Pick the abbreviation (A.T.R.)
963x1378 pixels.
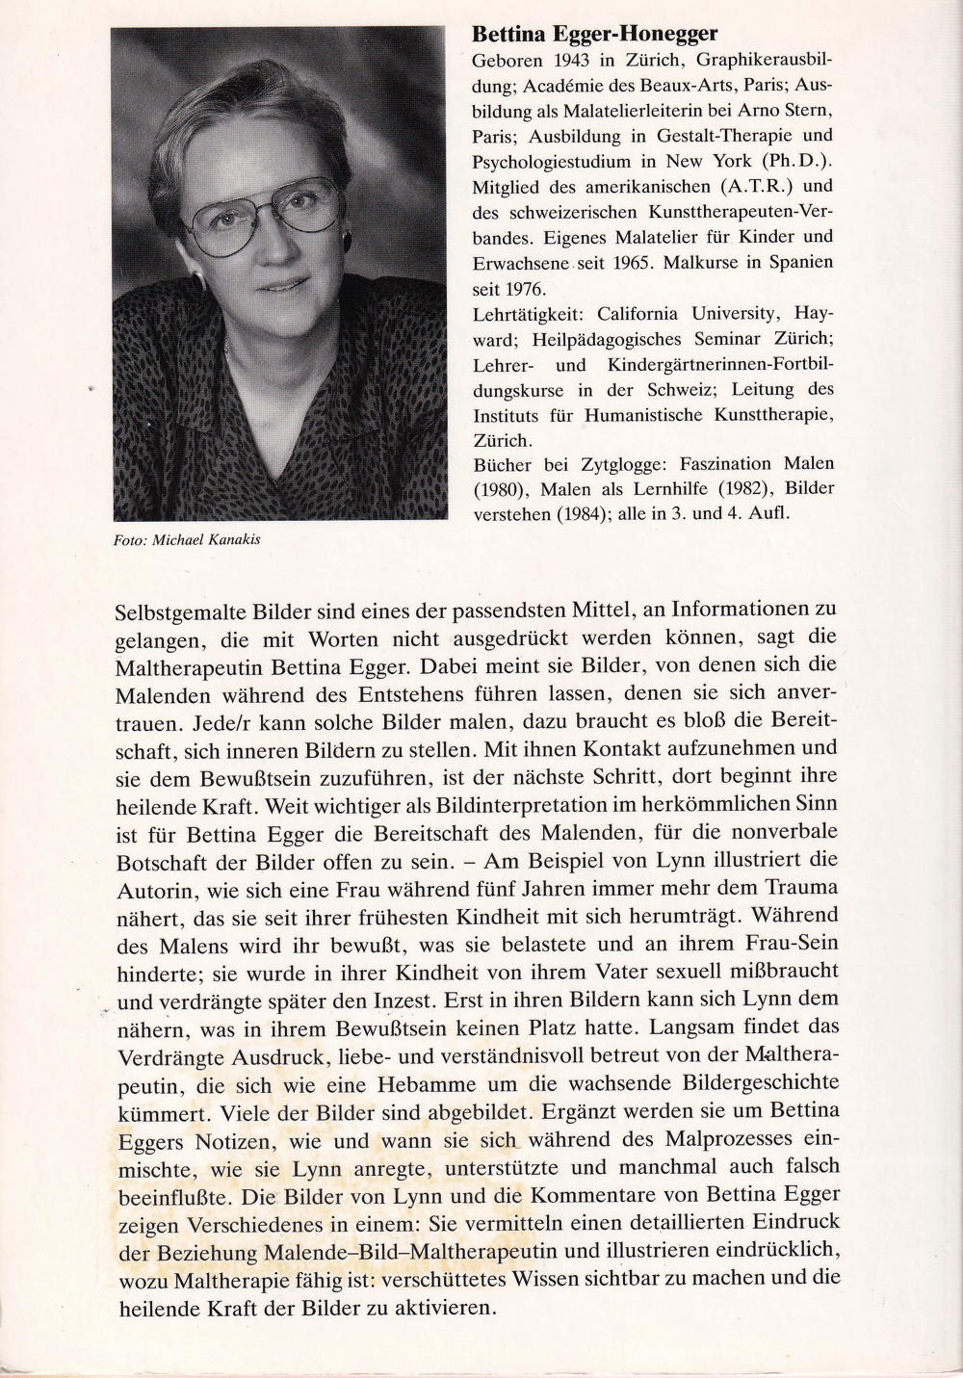click(x=757, y=186)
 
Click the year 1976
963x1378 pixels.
click(x=527, y=287)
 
